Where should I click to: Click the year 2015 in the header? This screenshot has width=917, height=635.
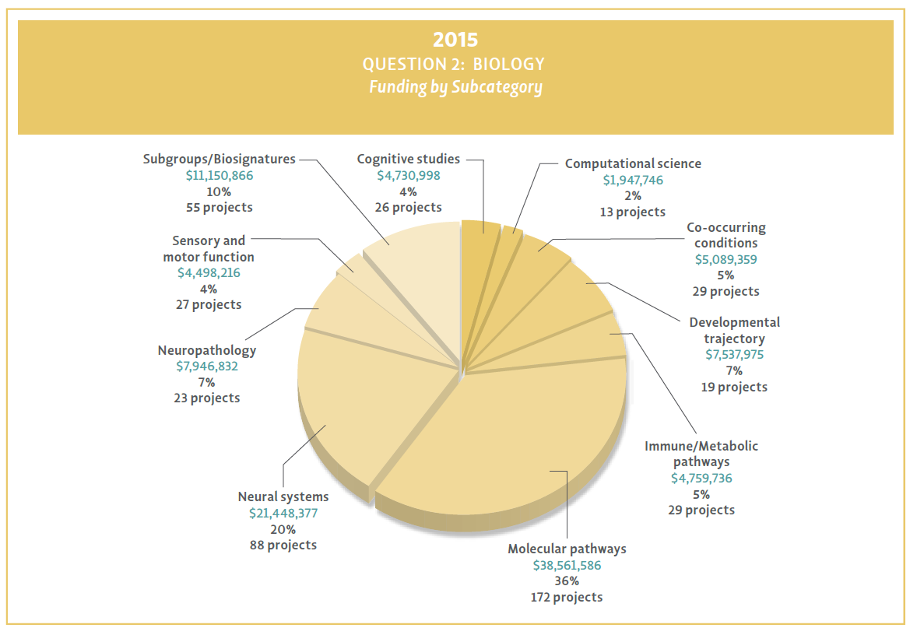[455, 39]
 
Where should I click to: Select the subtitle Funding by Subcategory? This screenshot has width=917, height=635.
[455, 86]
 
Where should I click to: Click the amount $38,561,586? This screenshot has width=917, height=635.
[567, 565]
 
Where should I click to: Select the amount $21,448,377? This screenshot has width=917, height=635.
[283, 513]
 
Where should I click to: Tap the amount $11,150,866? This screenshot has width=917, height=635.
[220, 175]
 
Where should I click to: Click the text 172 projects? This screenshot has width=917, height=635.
[567, 597]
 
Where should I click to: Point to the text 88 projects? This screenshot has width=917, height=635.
[283, 545]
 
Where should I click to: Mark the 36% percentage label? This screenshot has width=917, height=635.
[567, 581]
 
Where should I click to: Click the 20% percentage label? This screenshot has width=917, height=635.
[283, 529]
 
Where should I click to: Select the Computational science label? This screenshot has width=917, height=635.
[633, 163]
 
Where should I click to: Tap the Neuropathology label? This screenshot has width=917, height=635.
[206, 350]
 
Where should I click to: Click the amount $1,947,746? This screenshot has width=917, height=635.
[633, 180]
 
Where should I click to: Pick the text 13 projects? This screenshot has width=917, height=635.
[633, 212]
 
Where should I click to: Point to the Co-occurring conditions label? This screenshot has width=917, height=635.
[726, 235]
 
